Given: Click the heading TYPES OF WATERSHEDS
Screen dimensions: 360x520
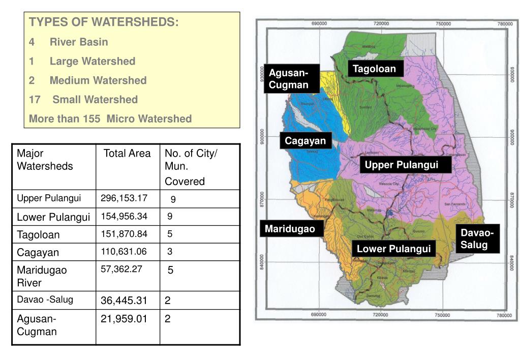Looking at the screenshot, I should point(104,22).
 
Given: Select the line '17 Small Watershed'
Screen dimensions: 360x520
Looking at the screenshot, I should point(83,100).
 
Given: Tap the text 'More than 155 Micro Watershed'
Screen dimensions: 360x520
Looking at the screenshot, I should point(110,119).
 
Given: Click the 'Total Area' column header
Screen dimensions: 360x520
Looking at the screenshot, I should point(127,154).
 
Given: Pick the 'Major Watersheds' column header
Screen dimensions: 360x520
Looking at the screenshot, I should point(45,160).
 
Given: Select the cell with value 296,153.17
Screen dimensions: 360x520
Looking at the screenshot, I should point(124,198).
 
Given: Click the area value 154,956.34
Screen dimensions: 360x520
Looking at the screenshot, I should point(124,217).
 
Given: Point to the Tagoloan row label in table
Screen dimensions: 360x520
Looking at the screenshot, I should point(38,235).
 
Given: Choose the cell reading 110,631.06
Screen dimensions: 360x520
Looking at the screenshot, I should point(124,252).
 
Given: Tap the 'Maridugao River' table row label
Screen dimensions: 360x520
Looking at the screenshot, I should point(42,276).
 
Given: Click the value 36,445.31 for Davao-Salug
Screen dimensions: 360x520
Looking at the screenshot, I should point(124,301).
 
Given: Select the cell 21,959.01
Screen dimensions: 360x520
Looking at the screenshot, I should point(124,319).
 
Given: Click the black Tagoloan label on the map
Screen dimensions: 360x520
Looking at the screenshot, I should point(375,69).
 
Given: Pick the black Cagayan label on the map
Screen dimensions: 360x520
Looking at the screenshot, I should point(305,141).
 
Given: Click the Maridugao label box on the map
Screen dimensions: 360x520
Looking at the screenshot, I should point(290,229).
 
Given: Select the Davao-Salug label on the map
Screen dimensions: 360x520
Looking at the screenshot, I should point(477,239).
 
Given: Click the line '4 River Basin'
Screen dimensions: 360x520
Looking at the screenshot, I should point(69,42).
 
